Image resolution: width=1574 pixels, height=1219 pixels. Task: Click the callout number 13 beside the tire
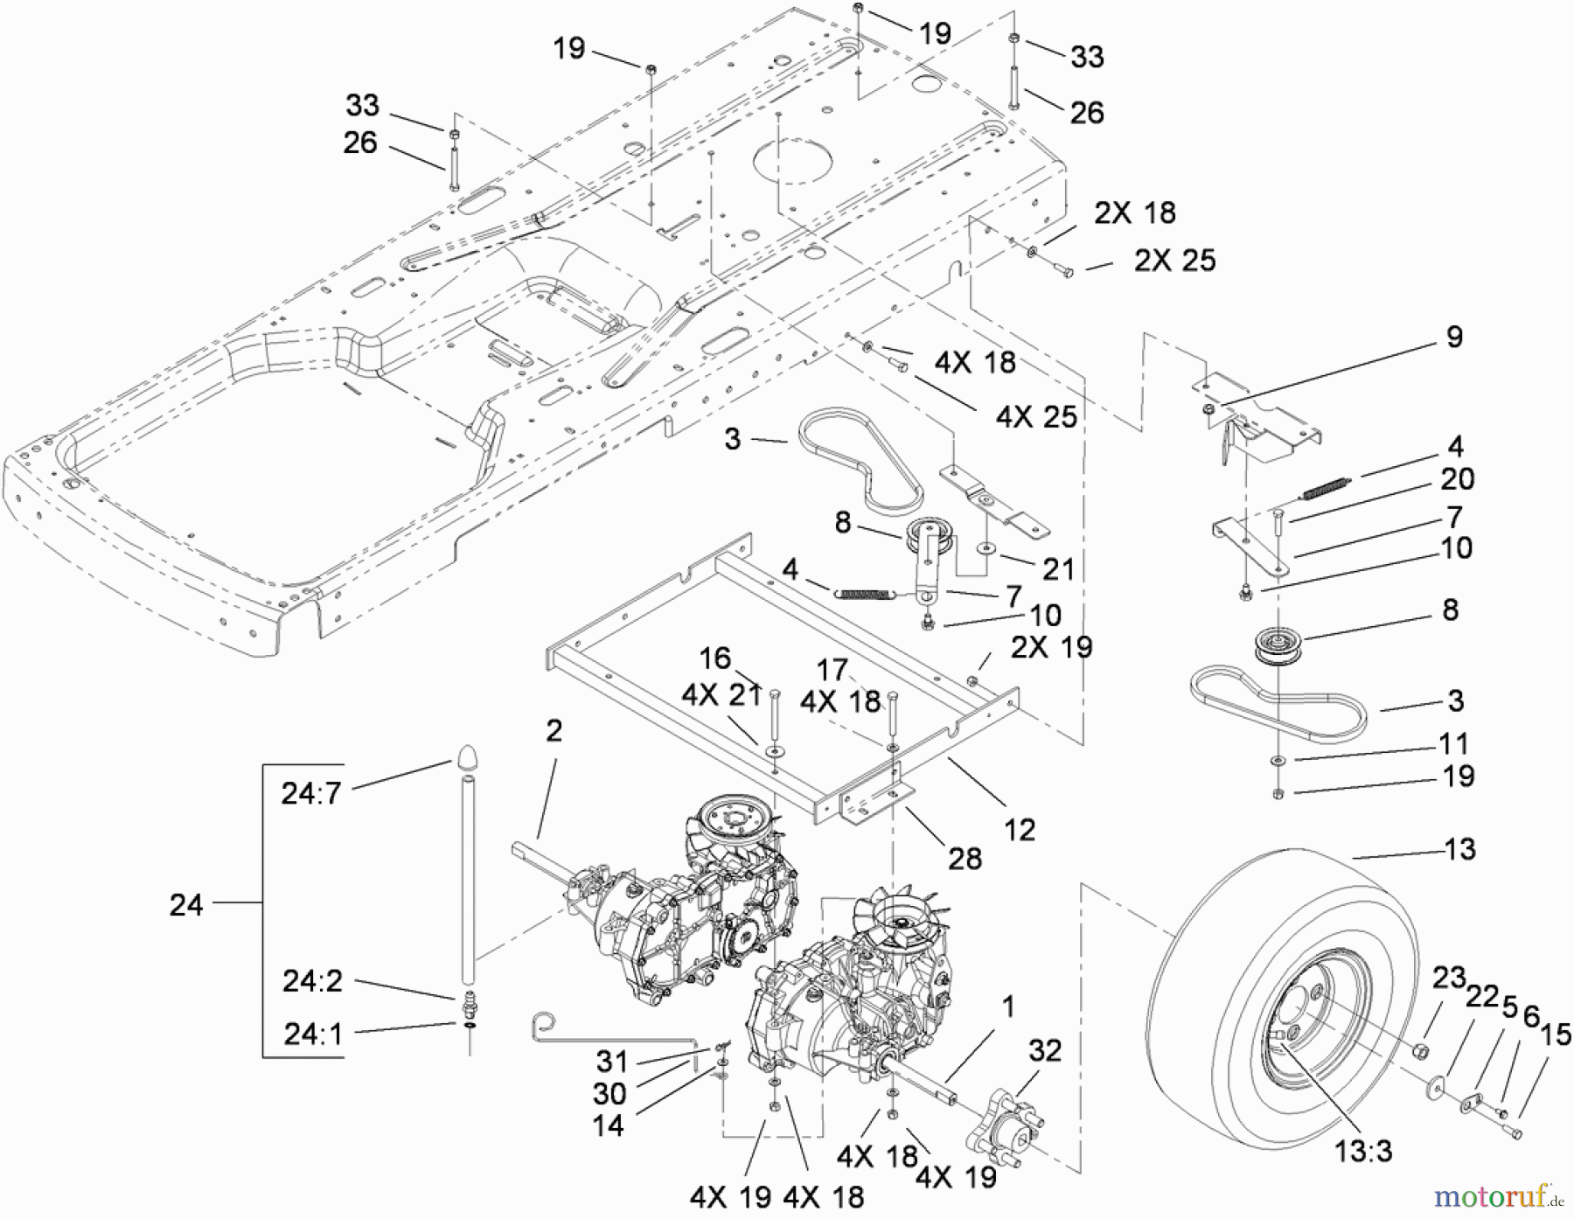[1460, 848]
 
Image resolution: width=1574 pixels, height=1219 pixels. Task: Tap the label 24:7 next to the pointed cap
[310, 793]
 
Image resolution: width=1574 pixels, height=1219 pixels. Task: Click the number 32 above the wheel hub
[1045, 1050]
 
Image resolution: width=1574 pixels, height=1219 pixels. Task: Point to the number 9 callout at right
[1454, 337]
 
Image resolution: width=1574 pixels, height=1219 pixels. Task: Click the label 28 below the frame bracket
[965, 858]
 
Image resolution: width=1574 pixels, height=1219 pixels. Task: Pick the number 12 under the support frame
[1020, 829]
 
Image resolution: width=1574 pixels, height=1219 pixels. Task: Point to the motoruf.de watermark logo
[1501, 1195]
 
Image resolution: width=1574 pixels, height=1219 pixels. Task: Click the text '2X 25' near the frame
[1174, 260]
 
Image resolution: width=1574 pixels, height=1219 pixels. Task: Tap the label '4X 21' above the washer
[722, 695]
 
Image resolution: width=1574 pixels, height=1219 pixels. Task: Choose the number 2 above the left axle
[554, 730]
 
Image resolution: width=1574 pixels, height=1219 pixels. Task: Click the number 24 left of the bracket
[186, 905]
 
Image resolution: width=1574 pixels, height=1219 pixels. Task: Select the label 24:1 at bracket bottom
[312, 1034]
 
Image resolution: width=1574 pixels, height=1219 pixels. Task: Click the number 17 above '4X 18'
[832, 670]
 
